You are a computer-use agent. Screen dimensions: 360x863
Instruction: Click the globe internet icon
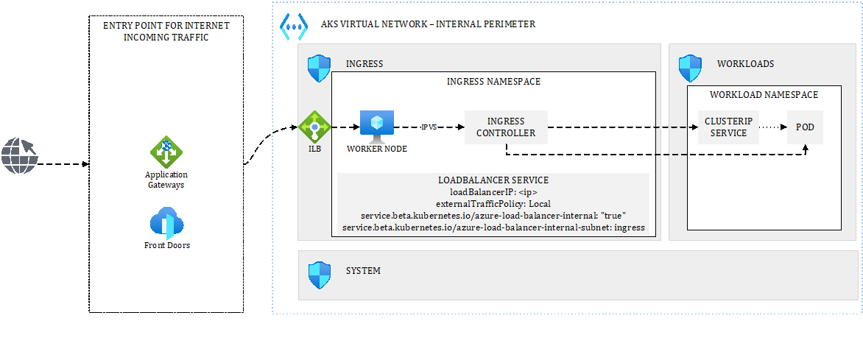tap(18, 155)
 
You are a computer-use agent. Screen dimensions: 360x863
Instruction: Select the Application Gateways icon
tap(166, 152)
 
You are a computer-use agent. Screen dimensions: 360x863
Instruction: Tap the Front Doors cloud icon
tap(166, 222)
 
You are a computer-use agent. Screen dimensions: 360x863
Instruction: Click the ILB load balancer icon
tap(314, 127)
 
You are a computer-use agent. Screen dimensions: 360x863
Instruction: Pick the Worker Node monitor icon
tap(376, 127)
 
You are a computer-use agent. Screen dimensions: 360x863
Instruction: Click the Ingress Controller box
tap(506, 127)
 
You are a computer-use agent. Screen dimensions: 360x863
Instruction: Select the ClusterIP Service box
tap(728, 127)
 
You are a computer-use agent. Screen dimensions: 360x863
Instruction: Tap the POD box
tap(805, 127)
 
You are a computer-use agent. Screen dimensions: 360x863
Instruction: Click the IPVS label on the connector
tap(429, 127)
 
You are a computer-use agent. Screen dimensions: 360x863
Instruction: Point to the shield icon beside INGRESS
tap(319, 68)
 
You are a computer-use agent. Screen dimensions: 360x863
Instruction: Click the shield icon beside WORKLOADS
tap(690, 68)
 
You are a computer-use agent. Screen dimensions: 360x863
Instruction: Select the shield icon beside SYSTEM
tap(319, 275)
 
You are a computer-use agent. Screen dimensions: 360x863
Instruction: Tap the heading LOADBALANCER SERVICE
tap(493, 180)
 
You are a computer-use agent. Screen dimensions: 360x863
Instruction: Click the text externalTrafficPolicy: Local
tap(493, 204)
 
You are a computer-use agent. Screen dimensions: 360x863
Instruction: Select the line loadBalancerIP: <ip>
tap(493, 192)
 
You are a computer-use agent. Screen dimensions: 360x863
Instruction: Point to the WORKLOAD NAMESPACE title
tap(764, 95)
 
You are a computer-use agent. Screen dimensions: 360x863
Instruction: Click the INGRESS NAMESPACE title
tap(493, 82)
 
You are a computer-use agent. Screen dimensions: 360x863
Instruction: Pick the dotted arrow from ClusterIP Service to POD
tap(772, 127)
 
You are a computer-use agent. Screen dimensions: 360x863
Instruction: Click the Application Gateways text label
tap(166, 180)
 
